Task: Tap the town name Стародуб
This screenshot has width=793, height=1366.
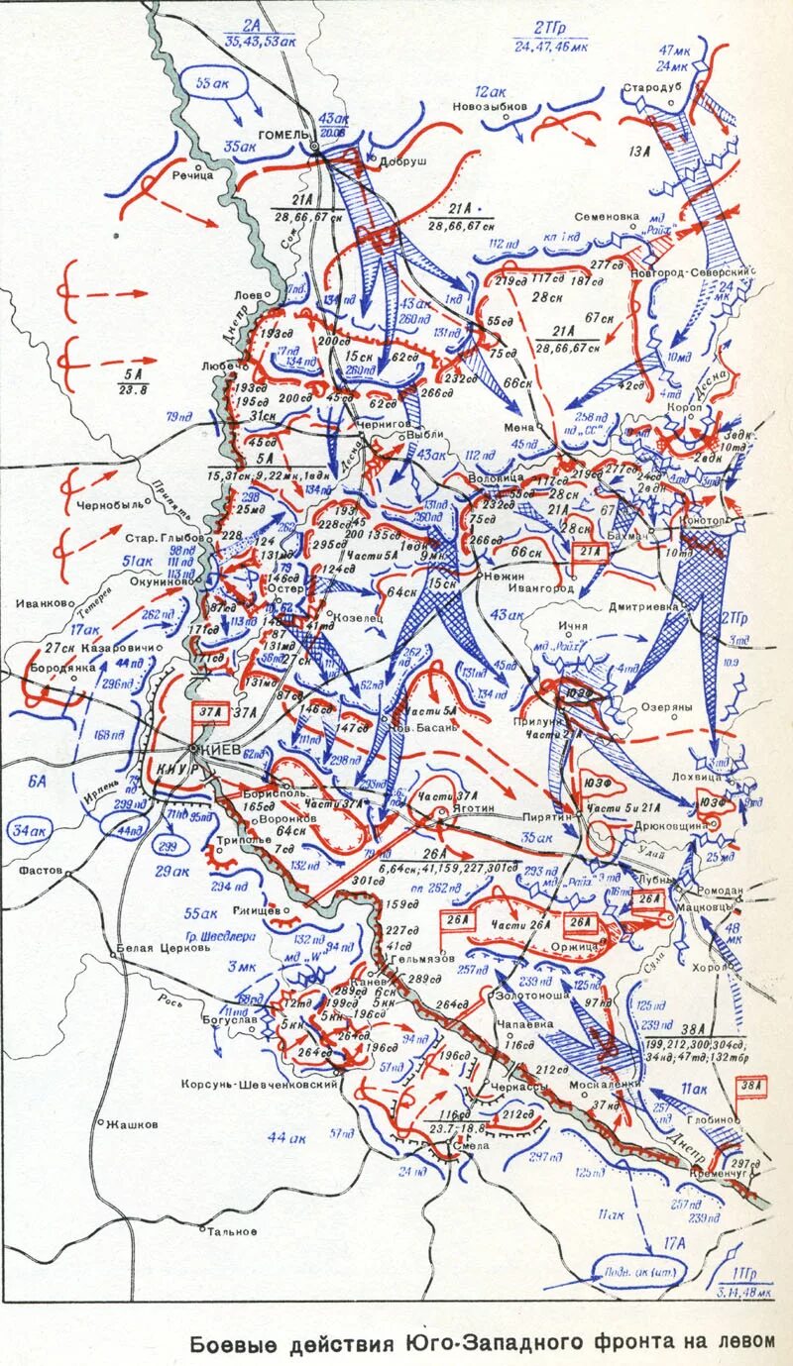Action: pyautogui.click(x=650, y=88)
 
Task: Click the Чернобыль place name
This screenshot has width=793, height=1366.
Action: pyautogui.click(x=110, y=504)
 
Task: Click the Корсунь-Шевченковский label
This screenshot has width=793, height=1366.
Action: pyautogui.click(x=260, y=1085)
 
